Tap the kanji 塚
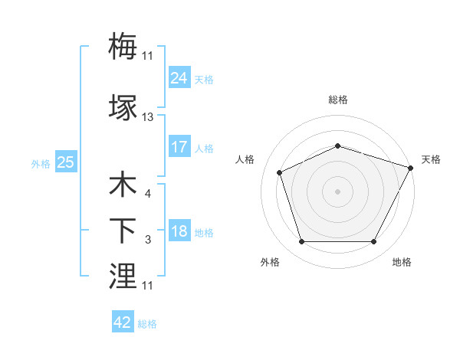[123, 107]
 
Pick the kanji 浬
[123, 276]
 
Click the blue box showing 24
[179, 78]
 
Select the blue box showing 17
[179, 146]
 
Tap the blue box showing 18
[179, 232]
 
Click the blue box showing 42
[123, 322]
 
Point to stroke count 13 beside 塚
[148, 117]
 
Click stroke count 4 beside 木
[147, 194]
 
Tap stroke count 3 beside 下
[147, 241]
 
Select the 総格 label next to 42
[147, 324]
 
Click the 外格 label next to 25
[41, 163]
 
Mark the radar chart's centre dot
[337, 191]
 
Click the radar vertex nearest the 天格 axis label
[412, 167]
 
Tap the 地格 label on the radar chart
[402, 262]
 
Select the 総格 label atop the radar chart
[337, 100]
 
